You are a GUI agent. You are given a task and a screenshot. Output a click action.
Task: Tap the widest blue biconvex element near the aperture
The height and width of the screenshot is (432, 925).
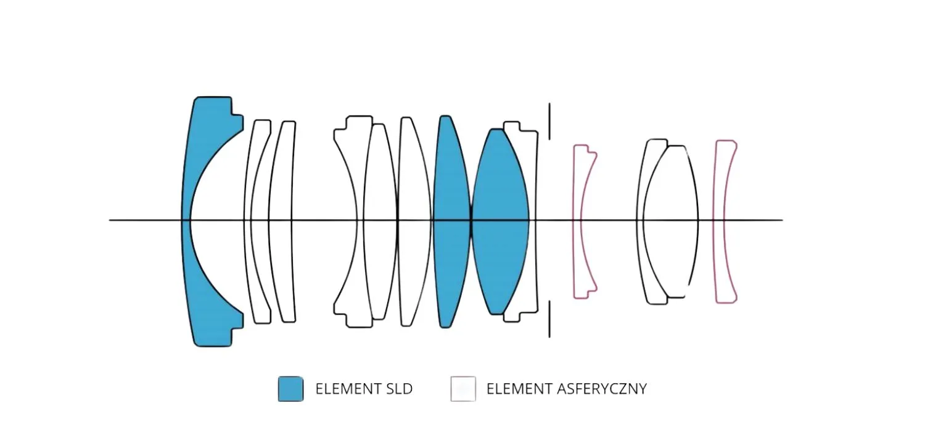[x=499, y=185]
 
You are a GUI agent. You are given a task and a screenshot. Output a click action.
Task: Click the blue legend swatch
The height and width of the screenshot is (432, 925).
[x=290, y=389]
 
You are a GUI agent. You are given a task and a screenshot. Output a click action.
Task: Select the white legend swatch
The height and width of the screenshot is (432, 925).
[x=463, y=389]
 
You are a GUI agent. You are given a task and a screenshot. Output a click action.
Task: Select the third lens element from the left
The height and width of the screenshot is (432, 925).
[x=281, y=185]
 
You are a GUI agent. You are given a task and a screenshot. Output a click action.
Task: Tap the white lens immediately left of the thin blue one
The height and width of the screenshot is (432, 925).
[x=414, y=185]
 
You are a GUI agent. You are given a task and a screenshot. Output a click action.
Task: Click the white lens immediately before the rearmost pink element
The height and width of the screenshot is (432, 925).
[x=672, y=185]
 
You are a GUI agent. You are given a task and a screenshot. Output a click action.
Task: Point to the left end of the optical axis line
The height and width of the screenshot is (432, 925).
[x=110, y=220]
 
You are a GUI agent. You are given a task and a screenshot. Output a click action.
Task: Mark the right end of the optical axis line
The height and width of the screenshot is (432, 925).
[x=782, y=220]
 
